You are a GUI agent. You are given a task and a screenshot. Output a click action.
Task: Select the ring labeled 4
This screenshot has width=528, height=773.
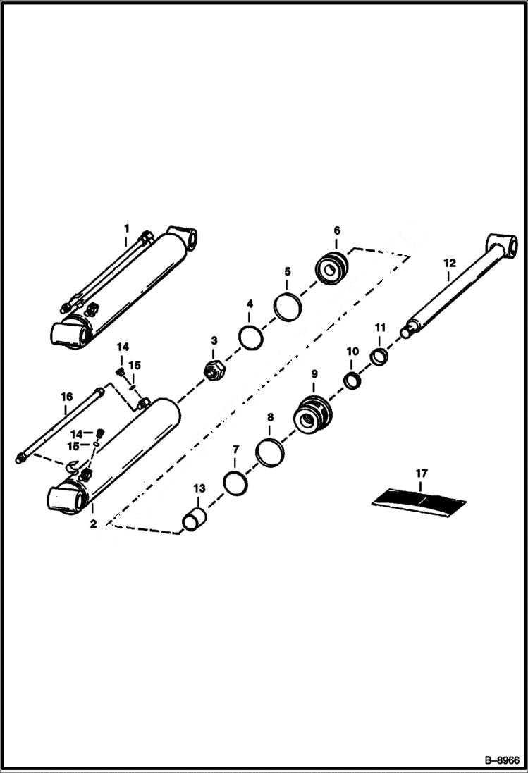[250, 335]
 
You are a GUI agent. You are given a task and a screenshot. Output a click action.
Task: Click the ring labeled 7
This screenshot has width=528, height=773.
[235, 484]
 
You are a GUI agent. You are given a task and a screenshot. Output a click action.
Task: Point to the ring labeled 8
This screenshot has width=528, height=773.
[269, 451]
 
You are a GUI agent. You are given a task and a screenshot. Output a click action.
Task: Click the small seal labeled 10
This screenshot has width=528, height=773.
[352, 381]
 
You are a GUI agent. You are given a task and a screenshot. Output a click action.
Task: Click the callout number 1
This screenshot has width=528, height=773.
[127, 228]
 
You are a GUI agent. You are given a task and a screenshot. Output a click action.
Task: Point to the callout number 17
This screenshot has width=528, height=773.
[420, 474]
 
